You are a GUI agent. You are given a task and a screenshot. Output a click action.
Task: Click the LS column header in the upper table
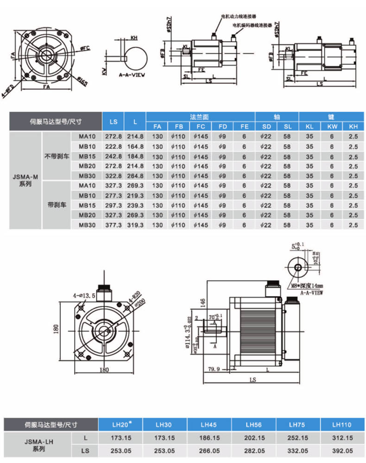pyautogui.click(x=114, y=122)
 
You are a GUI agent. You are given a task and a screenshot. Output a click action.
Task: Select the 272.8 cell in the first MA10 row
pyautogui.click(x=114, y=137)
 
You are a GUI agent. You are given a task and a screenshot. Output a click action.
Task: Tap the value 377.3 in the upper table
pyautogui.click(x=114, y=225)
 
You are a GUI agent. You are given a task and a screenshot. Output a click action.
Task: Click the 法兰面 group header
pyautogui.click(x=201, y=117)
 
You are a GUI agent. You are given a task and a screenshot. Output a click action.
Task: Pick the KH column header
pyautogui.click(x=353, y=126)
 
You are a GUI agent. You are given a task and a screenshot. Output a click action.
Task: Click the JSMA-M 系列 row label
pyautogui.click(x=25, y=180)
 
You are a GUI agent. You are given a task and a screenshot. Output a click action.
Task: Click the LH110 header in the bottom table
pyautogui.click(x=342, y=424)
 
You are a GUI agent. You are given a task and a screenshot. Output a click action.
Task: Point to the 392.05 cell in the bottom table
pyautogui.click(x=342, y=450)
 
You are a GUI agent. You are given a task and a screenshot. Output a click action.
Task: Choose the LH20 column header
pyautogui.click(x=121, y=424)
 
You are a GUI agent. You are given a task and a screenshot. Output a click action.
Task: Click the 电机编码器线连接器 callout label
pyautogui.click(x=252, y=25)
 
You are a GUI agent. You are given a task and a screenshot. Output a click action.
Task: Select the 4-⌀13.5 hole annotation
pyautogui.click(x=84, y=295)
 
